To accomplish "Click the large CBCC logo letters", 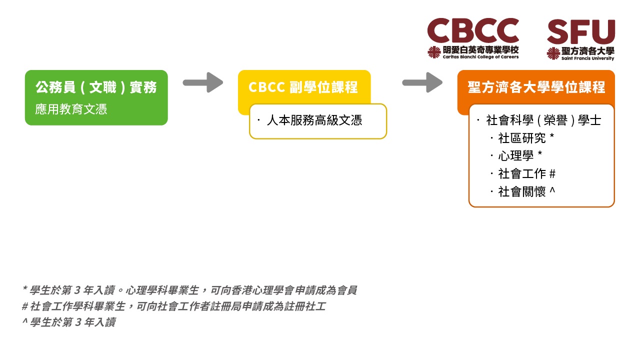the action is tap(473, 30).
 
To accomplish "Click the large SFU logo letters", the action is tap(581, 31).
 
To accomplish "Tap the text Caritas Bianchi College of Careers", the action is tap(480, 57).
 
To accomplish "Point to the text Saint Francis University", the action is tap(587, 58).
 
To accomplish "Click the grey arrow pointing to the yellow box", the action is tap(203, 82).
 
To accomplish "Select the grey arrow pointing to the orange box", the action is tap(422, 82).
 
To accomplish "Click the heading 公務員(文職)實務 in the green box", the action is tap(96, 87).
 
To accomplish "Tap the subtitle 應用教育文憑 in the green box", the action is tap(71, 109).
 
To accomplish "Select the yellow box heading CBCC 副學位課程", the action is tap(303, 87).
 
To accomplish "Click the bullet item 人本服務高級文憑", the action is tap(314, 120).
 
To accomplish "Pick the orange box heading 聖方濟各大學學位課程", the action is tap(536, 87).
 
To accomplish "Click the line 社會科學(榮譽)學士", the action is tap(543, 120).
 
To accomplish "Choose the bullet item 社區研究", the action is tap(522, 138).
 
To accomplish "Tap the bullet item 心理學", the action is tap(516, 156).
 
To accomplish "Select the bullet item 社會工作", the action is tap(522, 173).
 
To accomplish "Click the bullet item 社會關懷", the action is tap(522, 191).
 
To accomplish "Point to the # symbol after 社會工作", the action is tap(552, 173).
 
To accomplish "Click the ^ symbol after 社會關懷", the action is tap(552, 189).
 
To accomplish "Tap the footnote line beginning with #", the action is tap(173, 306).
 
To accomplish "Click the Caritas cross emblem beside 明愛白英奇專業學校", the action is tap(434, 52).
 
